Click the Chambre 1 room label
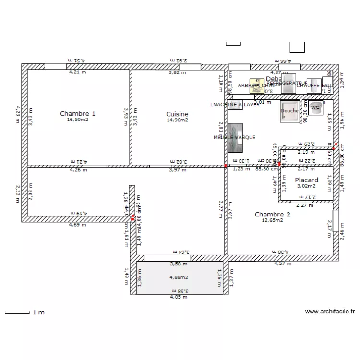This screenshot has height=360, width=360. (77, 114)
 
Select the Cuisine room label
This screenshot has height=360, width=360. (177, 114)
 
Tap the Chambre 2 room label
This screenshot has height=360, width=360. (272, 215)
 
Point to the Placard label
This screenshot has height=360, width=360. (306, 180)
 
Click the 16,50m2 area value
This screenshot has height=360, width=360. (77, 120)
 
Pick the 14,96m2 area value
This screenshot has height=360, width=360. (177, 120)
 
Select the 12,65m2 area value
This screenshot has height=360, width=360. (272, 221)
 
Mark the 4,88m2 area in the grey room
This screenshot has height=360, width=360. (179, 277)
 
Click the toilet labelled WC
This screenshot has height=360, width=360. (315, 108)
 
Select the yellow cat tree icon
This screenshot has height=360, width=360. (254, 85)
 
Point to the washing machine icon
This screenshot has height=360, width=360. (235, 104)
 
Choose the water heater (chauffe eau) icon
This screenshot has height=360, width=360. (313, 85)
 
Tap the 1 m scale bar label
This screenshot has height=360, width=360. (38, 312)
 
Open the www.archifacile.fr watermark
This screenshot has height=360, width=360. (330, 311)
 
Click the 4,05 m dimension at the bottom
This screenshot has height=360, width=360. (179, 297)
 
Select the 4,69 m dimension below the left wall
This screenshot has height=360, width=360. (77, 224)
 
